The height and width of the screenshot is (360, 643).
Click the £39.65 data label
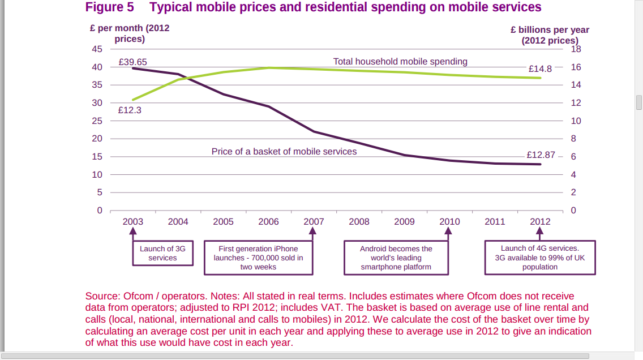pos(132,62)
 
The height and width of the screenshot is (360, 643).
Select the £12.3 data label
pos(130,110)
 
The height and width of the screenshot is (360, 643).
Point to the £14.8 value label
pos(540,68)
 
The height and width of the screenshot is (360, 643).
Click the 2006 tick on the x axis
pos(268,221)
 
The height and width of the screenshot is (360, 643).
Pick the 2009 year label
pos(404,221)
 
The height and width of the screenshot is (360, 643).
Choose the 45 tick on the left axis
pos(97,49)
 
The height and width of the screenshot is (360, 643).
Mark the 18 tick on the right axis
pos(576,49)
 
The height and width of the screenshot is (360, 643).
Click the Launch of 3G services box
pos(162,253)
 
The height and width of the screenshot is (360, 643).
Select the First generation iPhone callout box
pos(258,258)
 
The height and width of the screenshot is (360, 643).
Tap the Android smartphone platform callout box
pos(396,258)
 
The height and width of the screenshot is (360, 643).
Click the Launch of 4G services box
pos(540,258)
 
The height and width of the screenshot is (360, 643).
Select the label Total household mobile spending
pos(400,62)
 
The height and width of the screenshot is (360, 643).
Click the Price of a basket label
pos(284,151)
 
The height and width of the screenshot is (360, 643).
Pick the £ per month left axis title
pos(130,33)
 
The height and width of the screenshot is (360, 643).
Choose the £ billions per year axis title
pos(550,35)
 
